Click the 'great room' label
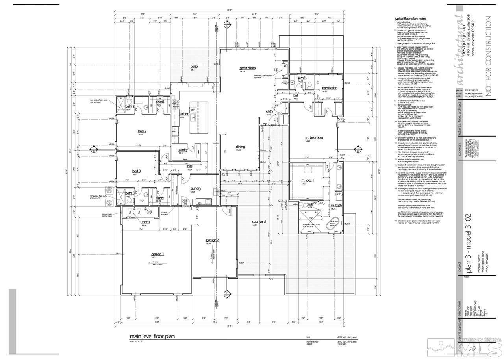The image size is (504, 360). point(248,68)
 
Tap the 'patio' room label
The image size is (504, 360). point(194,67)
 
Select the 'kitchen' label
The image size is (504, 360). point(185,114)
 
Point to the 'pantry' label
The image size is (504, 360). point(183,150)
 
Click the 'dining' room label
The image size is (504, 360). point(240,147)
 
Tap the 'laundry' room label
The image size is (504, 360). point(195,189)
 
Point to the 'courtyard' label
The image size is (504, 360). point(259,222)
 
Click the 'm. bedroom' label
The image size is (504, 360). point(314,138)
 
